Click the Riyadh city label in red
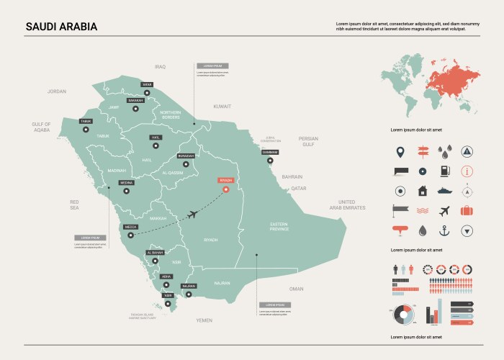pos(226,181)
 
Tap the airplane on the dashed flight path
pos(192,214)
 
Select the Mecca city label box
pos(130,227)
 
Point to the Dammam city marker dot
pos(270,161)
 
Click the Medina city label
pos(126,183)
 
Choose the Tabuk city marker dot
pos(86,130)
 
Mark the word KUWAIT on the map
pos(222,106)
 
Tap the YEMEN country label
pos(204,319)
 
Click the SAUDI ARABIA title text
pos(61,27)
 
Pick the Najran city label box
pos(188,286)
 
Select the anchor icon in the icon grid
pos(444,230)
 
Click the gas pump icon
pos(444,171)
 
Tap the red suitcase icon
pos(467,210)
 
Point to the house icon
pos(422,191)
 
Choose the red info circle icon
pos(467,171)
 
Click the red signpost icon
pos(422,151)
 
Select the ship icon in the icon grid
pos(444,191)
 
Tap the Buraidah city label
pos(186,156)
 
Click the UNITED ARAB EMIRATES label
pos(347,204)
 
